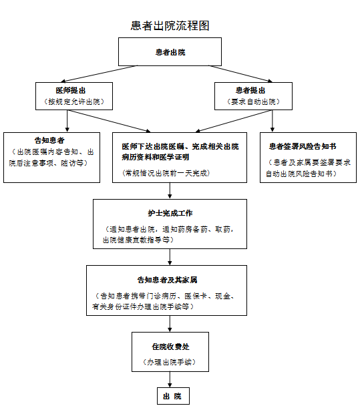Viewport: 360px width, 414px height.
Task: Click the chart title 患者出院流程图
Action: coord(170,25)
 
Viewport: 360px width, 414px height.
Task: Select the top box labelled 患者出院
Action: coord(170,52)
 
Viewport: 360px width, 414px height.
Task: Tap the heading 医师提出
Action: coord(71,91)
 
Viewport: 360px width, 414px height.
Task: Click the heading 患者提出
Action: coord(250,91)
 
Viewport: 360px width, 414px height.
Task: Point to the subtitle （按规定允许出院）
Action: coord(74,101)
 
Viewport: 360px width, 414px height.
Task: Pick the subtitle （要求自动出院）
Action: coord(253,101)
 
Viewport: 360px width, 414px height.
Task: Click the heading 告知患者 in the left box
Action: coord(49,140)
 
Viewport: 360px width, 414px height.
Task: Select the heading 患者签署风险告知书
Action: coord(303,146)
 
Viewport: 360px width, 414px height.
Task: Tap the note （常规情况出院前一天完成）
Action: coord(166,173)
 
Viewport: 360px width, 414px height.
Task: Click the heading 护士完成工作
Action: coord(170,213)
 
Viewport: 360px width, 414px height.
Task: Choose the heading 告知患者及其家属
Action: coord(167,280)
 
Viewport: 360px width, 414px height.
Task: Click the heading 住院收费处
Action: coord(170,347)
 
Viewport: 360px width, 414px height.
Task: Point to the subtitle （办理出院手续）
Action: coord(169,362)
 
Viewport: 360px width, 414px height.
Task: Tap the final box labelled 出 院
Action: coord(173,396)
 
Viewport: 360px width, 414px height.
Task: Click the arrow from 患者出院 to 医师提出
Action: coord(99,74)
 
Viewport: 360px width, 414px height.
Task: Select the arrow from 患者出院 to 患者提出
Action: coord(241,73)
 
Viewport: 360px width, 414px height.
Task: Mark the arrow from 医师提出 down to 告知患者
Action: coord(67,121)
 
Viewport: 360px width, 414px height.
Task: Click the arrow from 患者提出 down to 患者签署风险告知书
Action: coord(273,121)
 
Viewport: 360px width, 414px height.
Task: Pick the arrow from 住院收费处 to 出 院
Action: coord(170,379)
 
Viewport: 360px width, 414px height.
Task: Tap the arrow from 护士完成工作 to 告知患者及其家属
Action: coord(170,257)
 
